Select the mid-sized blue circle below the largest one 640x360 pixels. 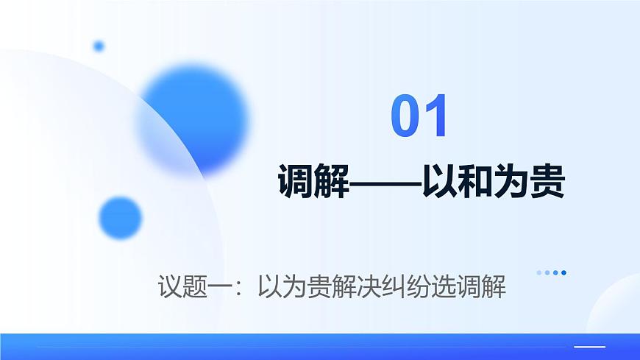(x=120, y=218)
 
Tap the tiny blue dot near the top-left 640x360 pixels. (x=99, y=46)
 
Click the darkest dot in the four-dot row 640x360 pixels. (x=563, y=272)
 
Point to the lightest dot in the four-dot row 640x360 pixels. (x=538, y=272)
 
